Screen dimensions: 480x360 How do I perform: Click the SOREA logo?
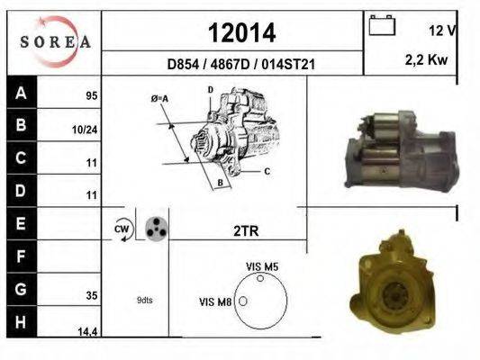55,42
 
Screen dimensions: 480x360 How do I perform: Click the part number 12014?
242,33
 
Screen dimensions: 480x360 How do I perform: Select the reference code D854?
183,65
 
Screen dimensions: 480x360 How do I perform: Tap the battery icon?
382,25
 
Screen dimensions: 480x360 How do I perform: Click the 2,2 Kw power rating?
427,59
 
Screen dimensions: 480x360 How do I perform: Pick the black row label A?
21,93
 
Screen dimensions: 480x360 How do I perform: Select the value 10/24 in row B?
85,130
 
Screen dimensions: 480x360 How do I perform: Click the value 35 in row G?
92,295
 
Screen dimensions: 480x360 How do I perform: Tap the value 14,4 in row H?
87,331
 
